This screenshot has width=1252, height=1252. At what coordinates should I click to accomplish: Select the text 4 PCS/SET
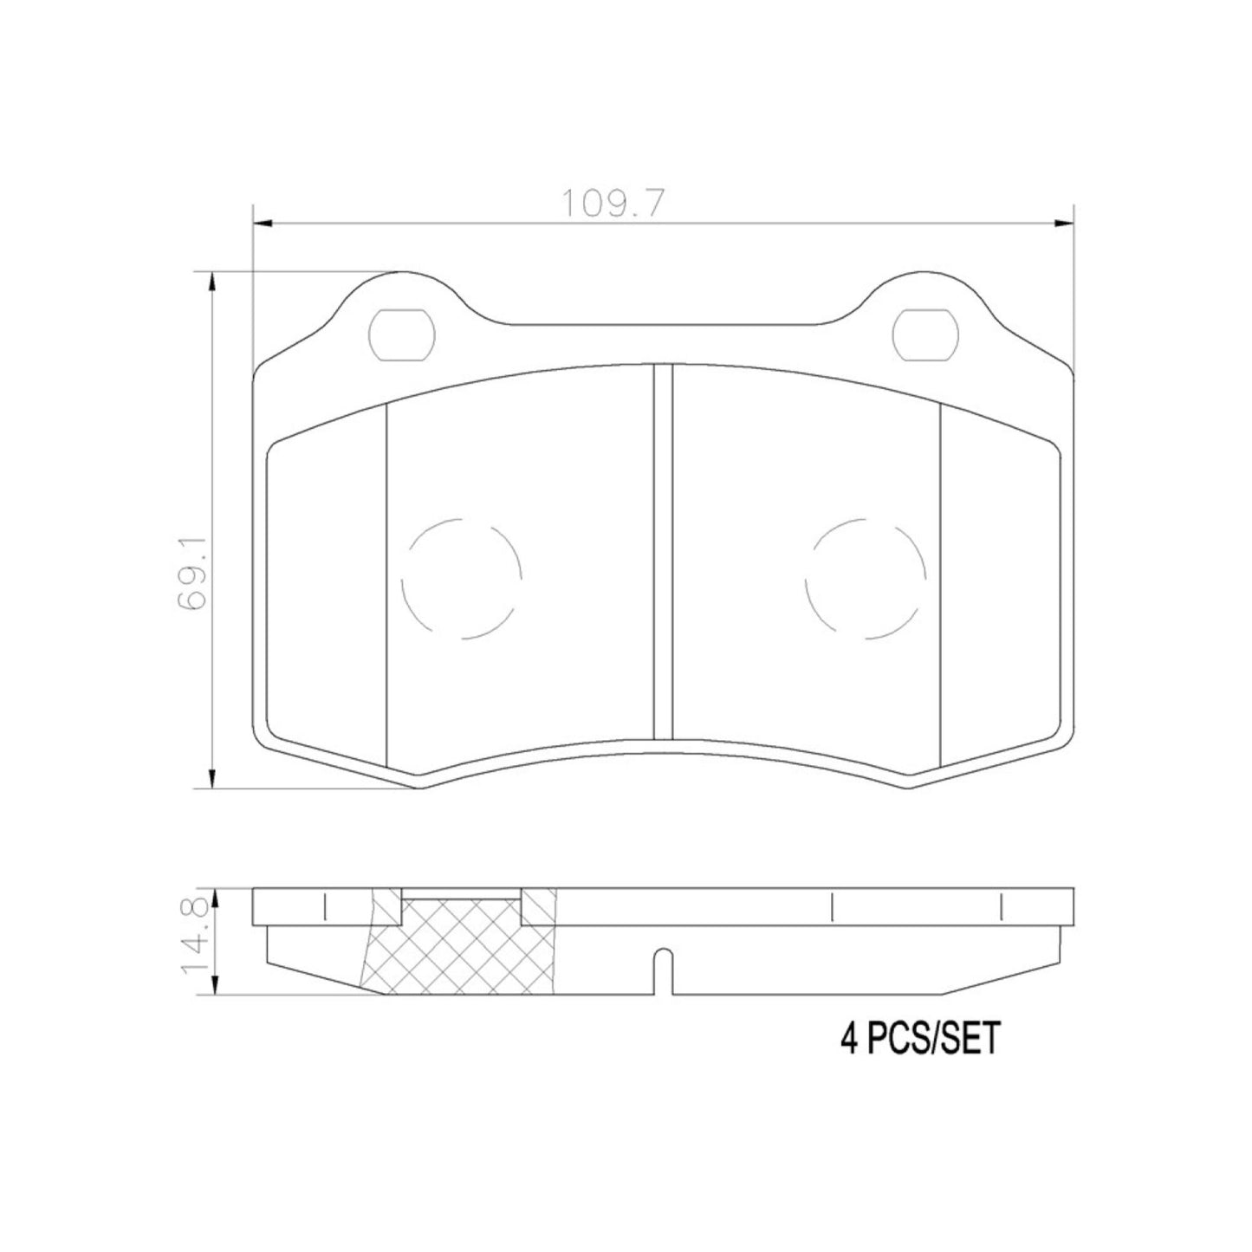919,1038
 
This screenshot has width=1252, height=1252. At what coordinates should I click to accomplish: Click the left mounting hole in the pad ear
400,334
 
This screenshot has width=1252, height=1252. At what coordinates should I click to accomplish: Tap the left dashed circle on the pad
462,579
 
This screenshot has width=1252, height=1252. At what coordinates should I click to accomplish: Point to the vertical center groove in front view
663,555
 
